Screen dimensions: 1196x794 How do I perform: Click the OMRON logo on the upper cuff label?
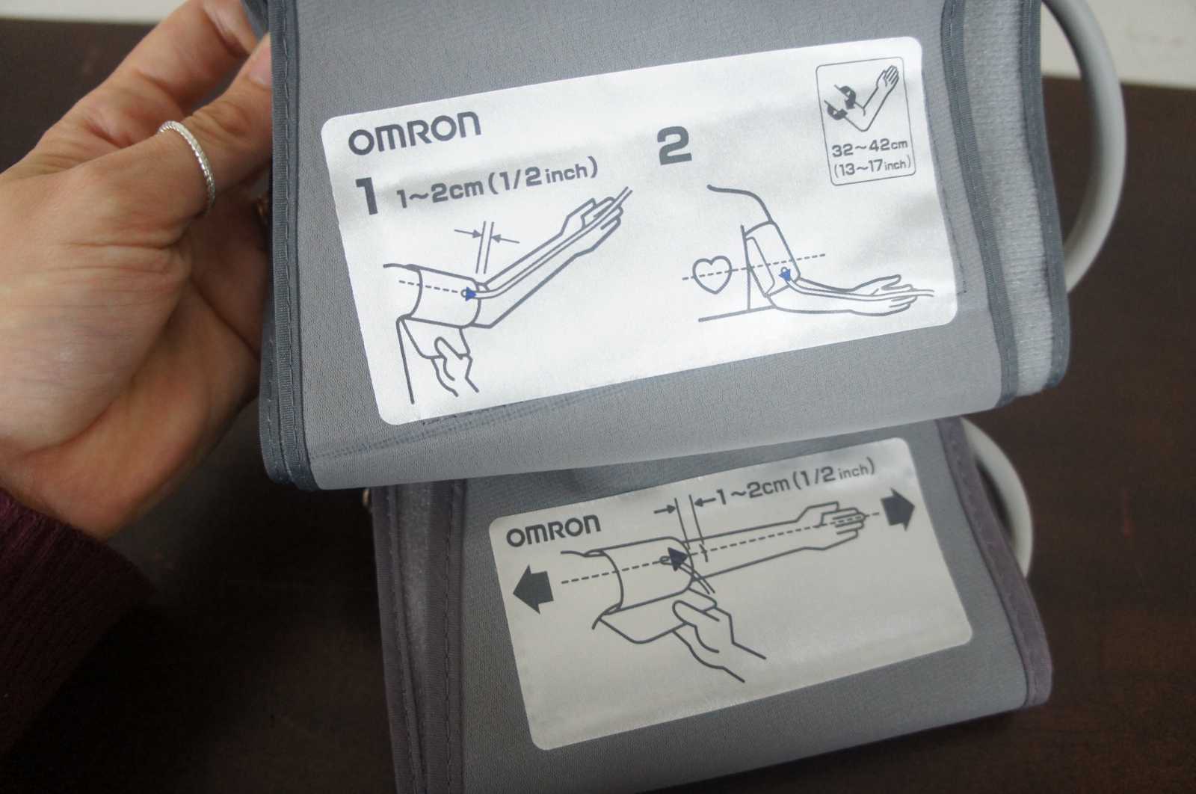click(414, 133)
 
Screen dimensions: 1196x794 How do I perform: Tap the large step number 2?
click(674, 145)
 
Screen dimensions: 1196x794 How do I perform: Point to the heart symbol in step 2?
click(715, 274)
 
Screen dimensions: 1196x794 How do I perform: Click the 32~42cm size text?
click(869, 149)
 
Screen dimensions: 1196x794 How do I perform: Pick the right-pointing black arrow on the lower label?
click(898, 510)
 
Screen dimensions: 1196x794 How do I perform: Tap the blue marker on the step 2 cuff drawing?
click(784, 274)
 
